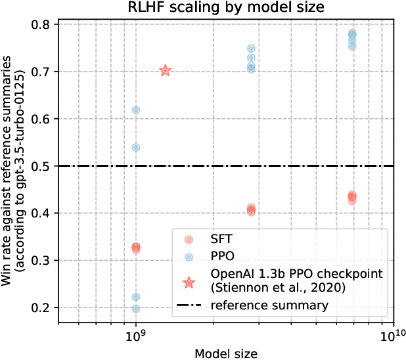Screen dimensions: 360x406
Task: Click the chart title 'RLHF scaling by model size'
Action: click(x=225, y=9)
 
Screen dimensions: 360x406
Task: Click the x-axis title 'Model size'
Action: click(x=225, y=353)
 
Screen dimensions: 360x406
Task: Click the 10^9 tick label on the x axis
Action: click(x=135, y=335)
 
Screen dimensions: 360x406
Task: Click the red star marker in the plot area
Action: click(x=166, y=71)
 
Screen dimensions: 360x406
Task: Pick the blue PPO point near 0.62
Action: click(x=136, y=110)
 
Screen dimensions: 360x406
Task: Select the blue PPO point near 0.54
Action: click(x=136, y=147)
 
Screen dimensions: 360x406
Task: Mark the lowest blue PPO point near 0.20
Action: click(x=136, y=309)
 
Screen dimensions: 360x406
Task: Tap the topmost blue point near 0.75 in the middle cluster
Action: click(x=251, y=49)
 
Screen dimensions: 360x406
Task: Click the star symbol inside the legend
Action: click(x=189, y=282)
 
